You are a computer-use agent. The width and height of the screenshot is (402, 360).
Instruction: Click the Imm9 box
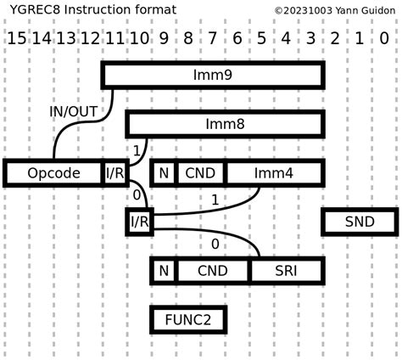[x=212, y=75]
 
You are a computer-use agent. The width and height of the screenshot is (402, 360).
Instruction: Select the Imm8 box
[x=225, y=124]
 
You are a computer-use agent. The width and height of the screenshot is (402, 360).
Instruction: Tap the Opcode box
[x=53, y=173]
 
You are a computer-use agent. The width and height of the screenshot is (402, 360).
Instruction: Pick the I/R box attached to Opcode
[x=115, y=173]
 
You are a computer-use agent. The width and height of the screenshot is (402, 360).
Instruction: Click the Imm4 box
[x=274, y=173]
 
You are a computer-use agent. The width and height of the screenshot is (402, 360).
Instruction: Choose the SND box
[x=360, y=222]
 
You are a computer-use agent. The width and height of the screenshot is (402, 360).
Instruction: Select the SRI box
[x=287, y=271]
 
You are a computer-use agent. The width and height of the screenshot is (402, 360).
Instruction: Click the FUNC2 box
[x=188, y=320]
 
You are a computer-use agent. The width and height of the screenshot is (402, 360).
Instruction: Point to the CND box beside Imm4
[x=200, y=173]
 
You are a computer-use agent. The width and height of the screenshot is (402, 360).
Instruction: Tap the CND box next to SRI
[x=212, y=271]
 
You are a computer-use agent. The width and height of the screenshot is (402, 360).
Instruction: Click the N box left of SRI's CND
[x=164, y=271]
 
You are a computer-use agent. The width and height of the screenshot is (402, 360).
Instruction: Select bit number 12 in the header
[x=90, y=38]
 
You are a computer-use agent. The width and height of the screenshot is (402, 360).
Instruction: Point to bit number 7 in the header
[x=213, y=38]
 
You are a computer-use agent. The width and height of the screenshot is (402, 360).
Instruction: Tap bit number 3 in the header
[x=311, y=38]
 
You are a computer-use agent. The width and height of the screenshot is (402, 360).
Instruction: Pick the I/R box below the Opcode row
[x=139, y=222]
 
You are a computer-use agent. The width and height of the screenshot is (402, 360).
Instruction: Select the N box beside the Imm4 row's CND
[x=164, y=173]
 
